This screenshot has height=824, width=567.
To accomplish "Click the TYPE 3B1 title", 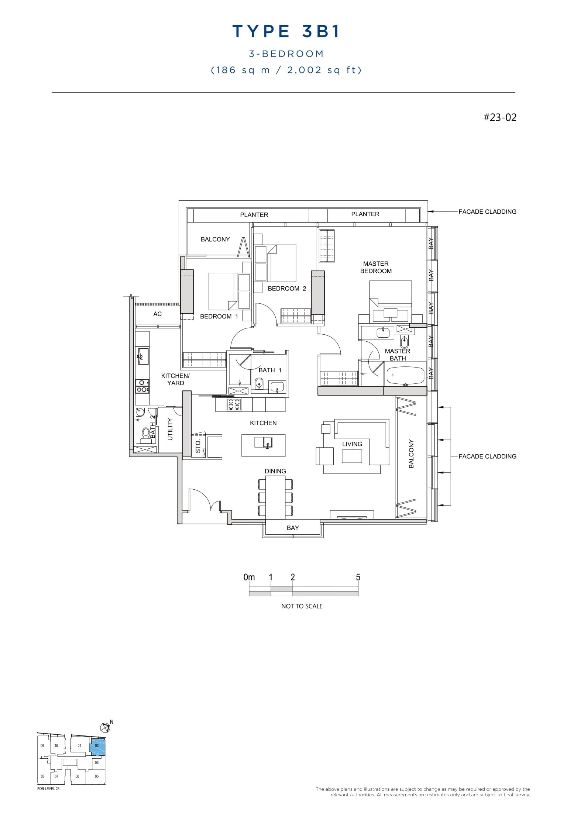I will (x=286, y=31).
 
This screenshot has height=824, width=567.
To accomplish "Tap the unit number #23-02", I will (x=500, y=117).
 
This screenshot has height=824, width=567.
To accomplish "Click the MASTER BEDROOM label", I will (x=376, y=267).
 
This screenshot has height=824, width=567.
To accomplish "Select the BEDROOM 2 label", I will (x=287, y=289).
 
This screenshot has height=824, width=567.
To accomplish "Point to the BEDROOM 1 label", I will (x=219, y=316).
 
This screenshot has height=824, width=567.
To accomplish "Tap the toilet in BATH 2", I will (x=145, y=432).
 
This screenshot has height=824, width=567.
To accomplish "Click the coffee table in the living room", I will (x=351, y=456).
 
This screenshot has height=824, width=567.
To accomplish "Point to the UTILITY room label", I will (x=170, y=429).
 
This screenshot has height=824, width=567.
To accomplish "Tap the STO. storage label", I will (x=198, y=446).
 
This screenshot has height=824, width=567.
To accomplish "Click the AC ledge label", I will (x=157, y=314).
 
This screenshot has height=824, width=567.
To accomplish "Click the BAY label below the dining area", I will (x=293, y=528).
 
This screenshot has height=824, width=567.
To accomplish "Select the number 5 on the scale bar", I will (x=358, y=577).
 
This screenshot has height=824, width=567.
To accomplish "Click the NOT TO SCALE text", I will (x=302, y=606).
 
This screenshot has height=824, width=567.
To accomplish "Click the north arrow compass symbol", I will (x=106, y=727).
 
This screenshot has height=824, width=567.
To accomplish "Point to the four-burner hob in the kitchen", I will (x=234, y=405).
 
